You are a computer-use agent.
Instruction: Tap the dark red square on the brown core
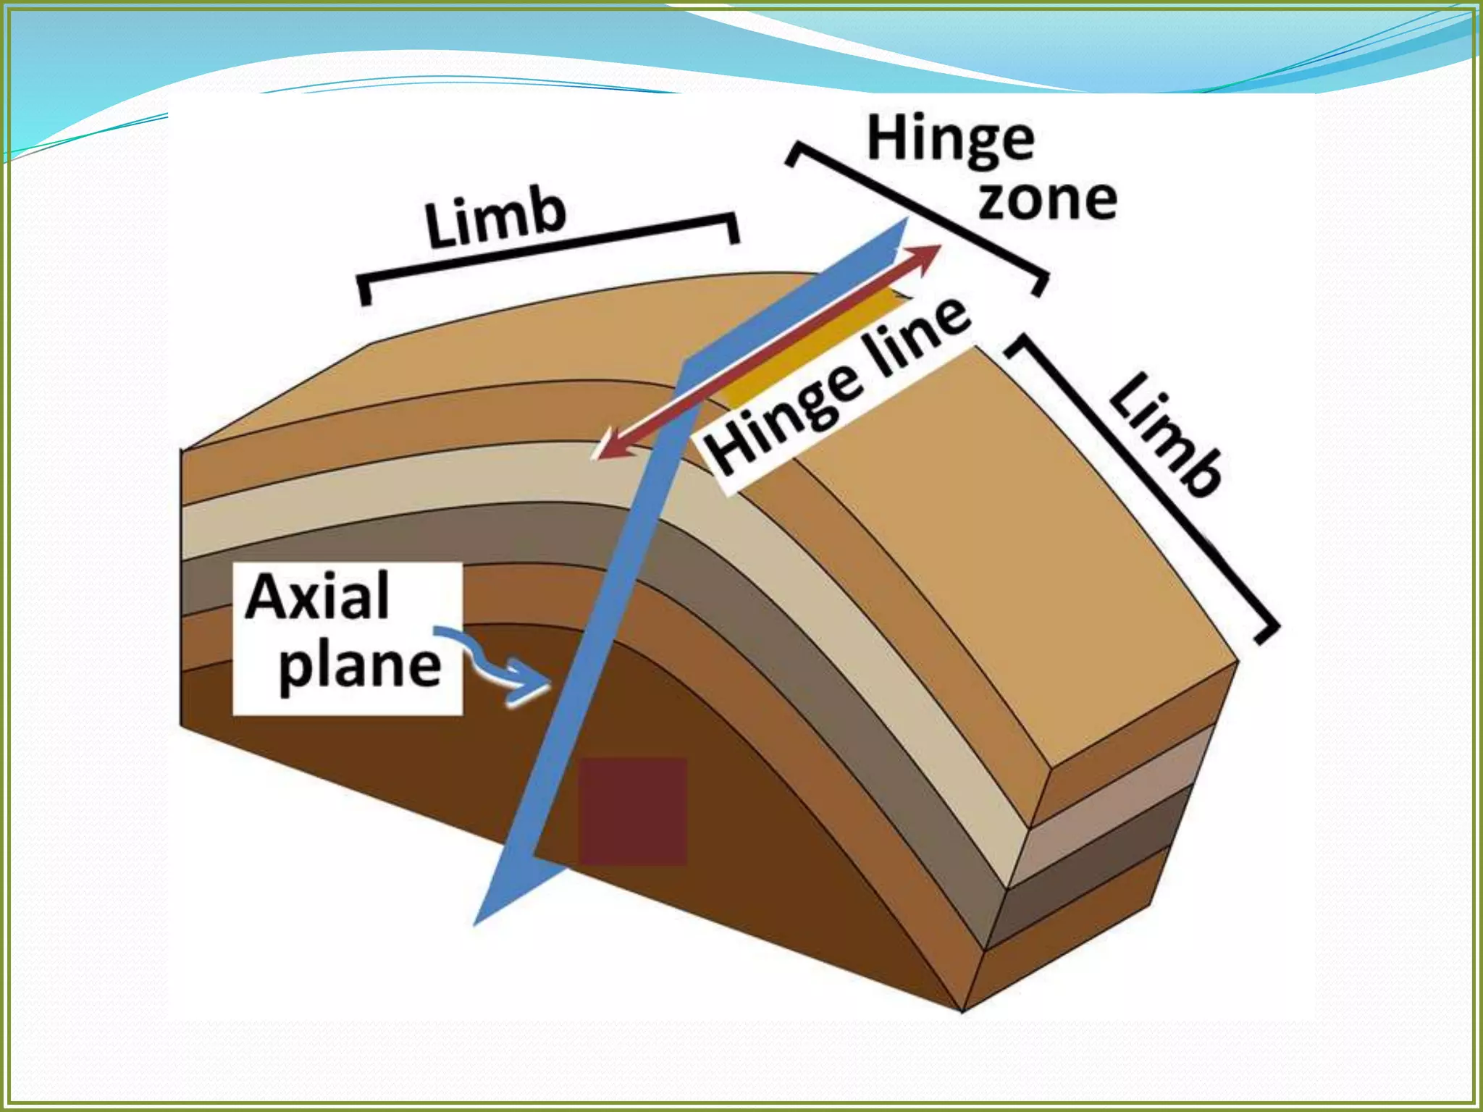[631, 811]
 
